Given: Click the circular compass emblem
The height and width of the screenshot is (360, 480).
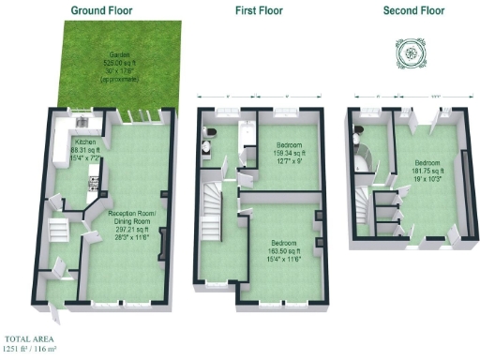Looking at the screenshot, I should [x=410, y=53].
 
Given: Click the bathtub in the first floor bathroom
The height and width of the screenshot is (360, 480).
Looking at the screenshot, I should [x=247, y=146].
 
